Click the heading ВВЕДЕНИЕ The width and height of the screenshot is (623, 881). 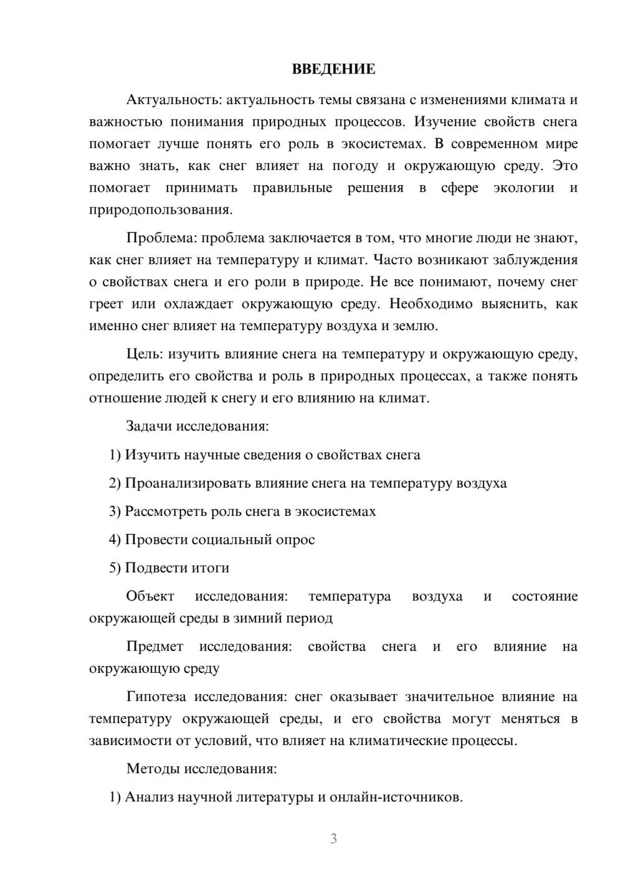(333, 69)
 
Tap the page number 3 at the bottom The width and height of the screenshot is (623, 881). (333, 839)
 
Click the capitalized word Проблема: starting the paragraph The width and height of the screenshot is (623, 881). (161, 238)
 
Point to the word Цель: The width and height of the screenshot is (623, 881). (145, 355)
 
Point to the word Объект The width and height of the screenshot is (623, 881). (150, 596)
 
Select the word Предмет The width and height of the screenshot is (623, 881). (155, 647)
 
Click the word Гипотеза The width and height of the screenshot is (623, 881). (156, 697)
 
